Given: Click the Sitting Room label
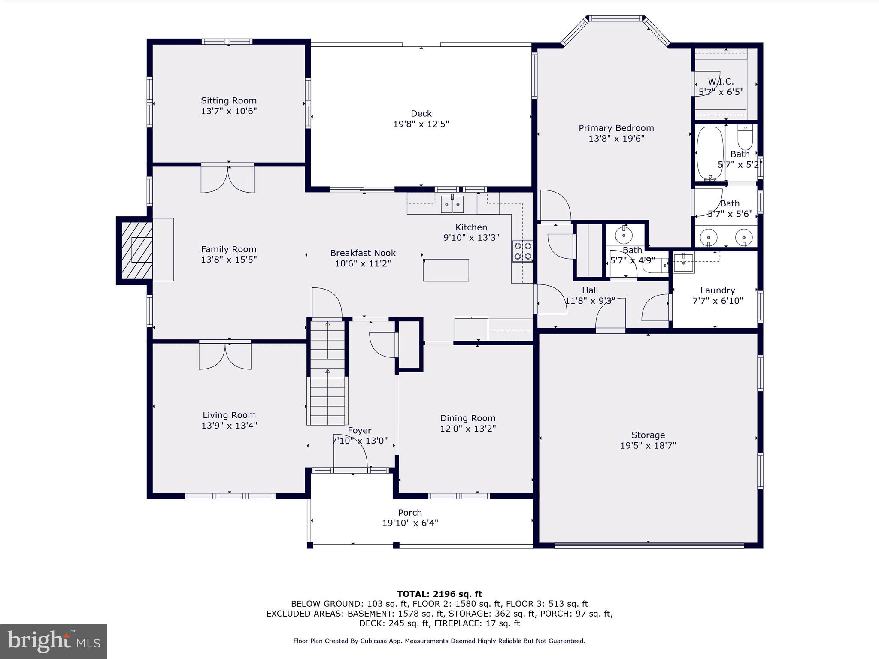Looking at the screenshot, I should click(229, 101).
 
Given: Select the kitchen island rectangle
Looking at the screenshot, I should click(446, 270).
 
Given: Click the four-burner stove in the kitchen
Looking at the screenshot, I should click(522, 251).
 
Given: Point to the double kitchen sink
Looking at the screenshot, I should click(452, 204).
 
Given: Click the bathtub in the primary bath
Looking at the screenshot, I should click(709, 153).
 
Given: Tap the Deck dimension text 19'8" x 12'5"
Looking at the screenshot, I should click(421, 124).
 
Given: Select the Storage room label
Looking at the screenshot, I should click(648, 435).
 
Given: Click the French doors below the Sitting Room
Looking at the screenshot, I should click(227, 179).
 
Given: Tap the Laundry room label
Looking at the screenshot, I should click(717, 290).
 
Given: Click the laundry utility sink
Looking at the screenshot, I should click(683, 263).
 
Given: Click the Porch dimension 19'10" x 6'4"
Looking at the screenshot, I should click(410, 523).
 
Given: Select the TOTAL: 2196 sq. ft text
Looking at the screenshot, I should click(439, 594).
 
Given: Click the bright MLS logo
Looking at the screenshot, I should click(54, 641).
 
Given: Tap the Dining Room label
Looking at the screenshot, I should click(467, 418).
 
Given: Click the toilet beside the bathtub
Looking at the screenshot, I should click(745, 137).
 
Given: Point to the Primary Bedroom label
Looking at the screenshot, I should click(616, 128).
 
